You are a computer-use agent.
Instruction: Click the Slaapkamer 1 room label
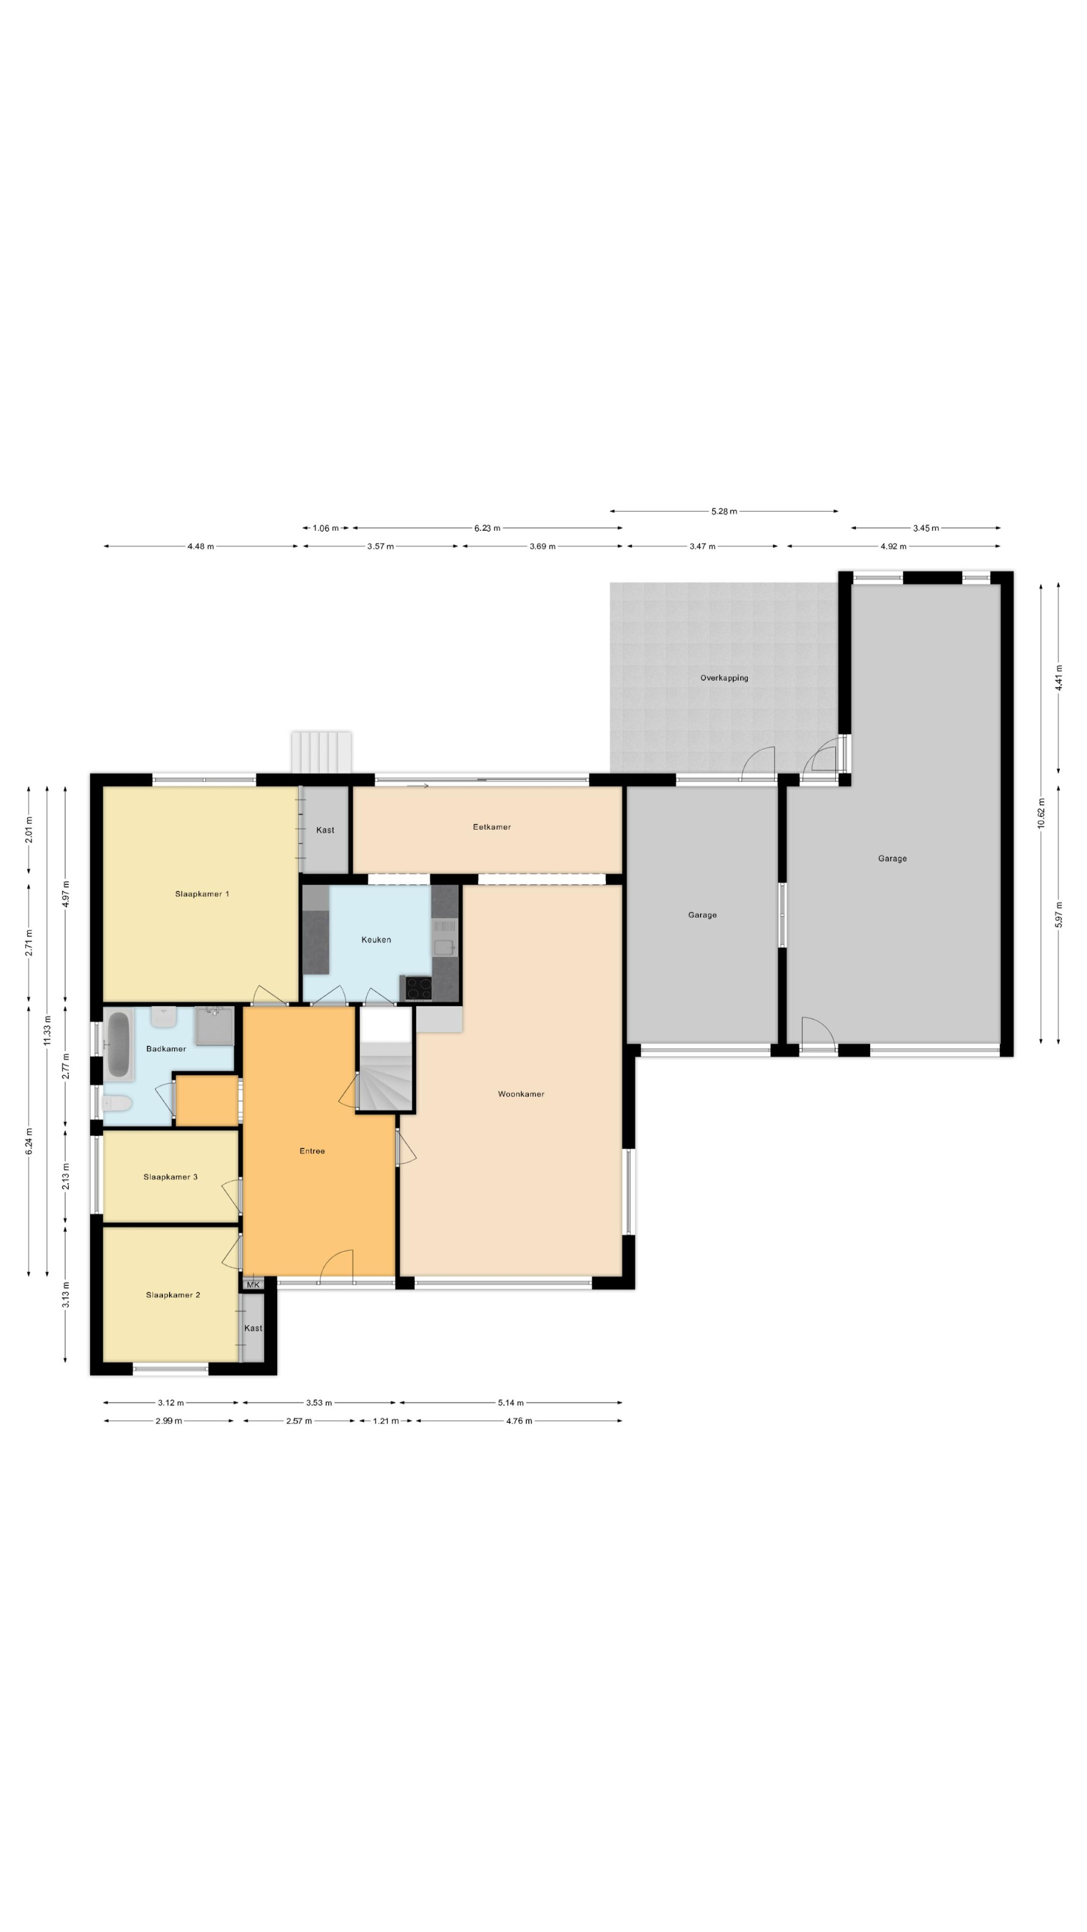pos(202,894)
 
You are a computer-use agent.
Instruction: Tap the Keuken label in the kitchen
pos(376,940)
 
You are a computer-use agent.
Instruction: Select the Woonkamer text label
pos(521,1094)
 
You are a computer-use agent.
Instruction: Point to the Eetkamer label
pos(491,827)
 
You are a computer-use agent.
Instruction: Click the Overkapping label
pos(724,678)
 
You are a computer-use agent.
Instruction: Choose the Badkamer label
pos(166,1049)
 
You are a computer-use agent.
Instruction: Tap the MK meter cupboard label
pos(253,1285)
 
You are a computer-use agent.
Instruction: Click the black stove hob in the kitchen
pos(418,988)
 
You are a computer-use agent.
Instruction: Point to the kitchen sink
pos(444,947)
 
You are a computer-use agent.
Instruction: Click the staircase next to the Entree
pos(385,1058)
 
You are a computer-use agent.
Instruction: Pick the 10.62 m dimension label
pos(1040,812)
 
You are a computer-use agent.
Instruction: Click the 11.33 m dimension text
pos(47,1031)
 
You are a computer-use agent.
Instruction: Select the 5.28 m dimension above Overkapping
pos(724,511)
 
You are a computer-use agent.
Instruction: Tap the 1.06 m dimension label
pos(325,528)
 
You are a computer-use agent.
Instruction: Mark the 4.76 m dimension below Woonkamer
pos(519,1421)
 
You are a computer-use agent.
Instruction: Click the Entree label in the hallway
pos(312,1151)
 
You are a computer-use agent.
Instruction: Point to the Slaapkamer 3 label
pos(170,1177)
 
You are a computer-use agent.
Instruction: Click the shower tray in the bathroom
pos(215,1026)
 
